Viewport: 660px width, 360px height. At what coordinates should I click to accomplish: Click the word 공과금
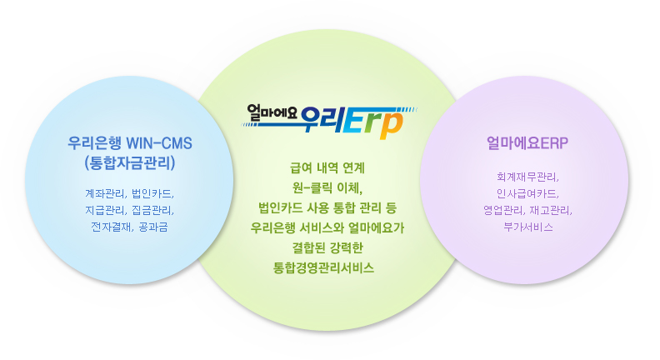154,226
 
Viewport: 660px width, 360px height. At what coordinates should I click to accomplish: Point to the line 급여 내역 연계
328,167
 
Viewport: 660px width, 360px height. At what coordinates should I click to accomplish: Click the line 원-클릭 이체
328,187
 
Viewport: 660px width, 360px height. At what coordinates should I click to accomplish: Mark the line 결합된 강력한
328,247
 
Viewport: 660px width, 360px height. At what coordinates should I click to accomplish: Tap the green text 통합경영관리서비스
328,267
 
